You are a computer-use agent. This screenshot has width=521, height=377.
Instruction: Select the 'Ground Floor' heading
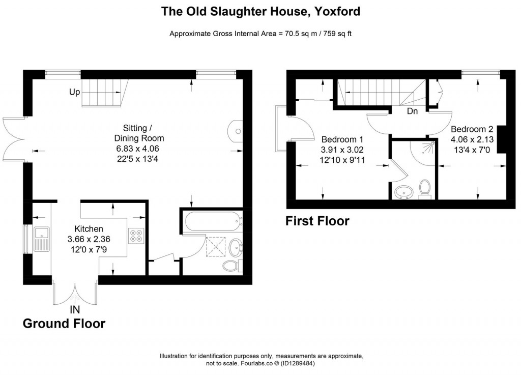[x=64, y=324]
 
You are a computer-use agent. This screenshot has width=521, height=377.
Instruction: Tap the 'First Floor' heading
[x=317, y=221]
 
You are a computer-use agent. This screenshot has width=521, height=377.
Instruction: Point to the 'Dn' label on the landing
[x=412, y=111]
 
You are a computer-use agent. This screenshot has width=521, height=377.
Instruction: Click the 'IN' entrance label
[x=74, y=309]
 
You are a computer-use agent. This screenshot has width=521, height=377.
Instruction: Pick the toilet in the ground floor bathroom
[x=233, y=267]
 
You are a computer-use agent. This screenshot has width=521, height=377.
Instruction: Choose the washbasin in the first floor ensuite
[x=404, y=192]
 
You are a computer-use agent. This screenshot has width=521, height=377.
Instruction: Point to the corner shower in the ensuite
[x=425, y=151]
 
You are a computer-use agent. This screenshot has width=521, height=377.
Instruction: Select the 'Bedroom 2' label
[x=472, y=128]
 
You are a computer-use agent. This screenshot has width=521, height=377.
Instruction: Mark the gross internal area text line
[x=260, y=34]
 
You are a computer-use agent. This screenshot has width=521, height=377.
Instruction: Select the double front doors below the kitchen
[x=75, y=293]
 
